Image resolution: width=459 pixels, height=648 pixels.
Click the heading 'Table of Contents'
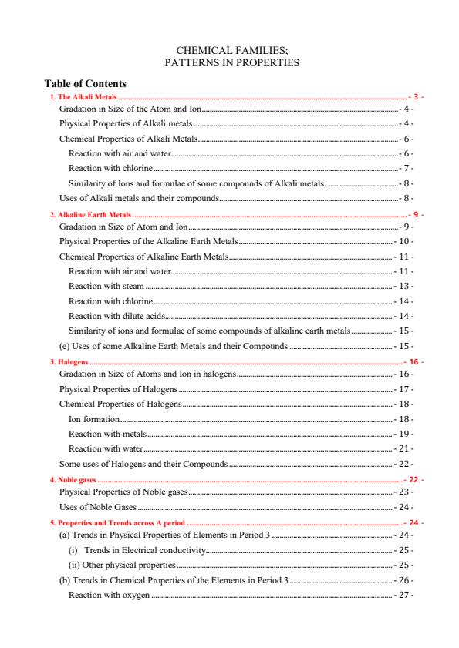[x=86, y=83]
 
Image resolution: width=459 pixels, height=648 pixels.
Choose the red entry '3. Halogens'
[x=69, y=361]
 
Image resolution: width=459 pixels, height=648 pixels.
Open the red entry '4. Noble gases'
[x=73, y=479]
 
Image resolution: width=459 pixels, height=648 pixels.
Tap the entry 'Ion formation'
[x=94, y=419]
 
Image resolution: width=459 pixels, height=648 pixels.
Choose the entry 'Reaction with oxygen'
[x=109, y=595]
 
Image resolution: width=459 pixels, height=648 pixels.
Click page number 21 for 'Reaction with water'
[x=403, y=448]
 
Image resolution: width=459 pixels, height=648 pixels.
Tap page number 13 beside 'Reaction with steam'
[x=403, y=286]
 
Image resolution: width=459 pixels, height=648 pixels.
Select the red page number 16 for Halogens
[x=414, y=361]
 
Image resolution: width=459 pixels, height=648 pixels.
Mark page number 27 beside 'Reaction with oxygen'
[x=403, y=595]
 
